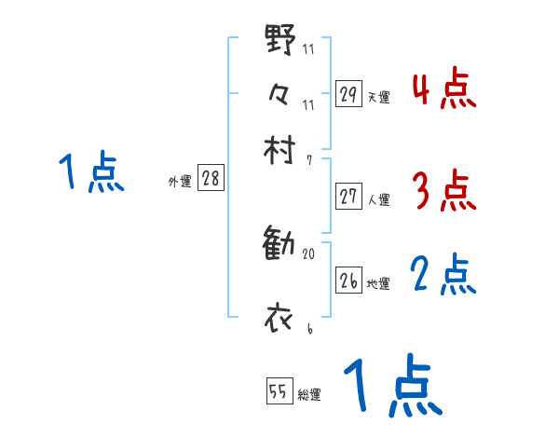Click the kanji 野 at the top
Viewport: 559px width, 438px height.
pyautogui.click(x=280, y=40)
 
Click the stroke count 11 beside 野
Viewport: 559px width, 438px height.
pyautogui.click(x=308, y=49)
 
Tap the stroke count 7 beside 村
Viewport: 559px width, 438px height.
pyautogui.click(x=308, y=160)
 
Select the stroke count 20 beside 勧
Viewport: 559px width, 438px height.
pyautogui.click(x=308, y=253)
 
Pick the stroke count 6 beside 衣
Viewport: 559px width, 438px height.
pyautogui.click(x=308, y=328)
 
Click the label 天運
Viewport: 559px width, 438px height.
pyautogui.click(x=378, y=97)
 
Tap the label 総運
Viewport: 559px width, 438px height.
pyautogui.click(x=308, y=395)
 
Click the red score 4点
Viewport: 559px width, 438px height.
pyautogui.click(x=443, y=89)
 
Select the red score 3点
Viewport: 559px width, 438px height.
pyautogui.click(x=443, y=192)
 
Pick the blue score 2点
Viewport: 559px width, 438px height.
pyautogui.click(x=443, y=276)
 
